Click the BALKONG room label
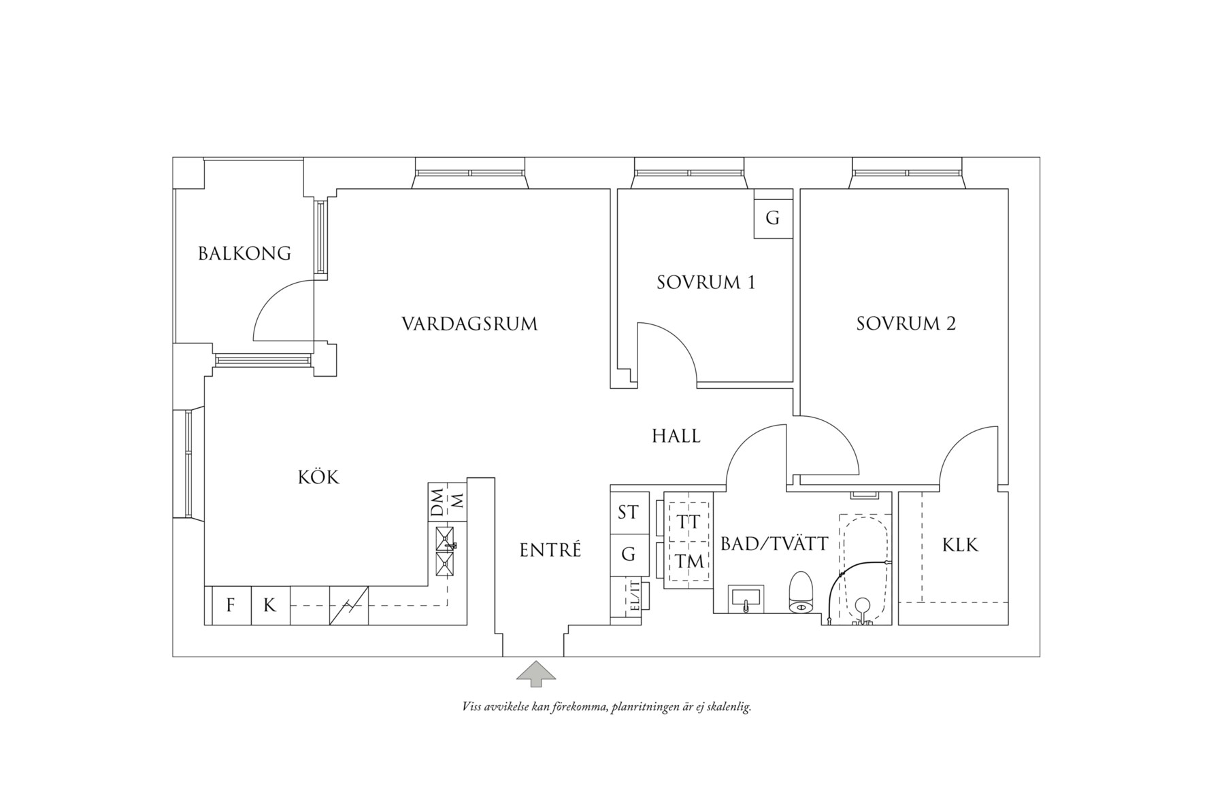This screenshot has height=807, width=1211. click(244, 254)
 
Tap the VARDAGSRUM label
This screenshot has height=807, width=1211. click(469, 324)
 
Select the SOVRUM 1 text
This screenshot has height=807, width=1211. click(706, 282)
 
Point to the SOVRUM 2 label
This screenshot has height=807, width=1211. click(906, 324)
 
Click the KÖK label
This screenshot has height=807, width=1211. click(318, 477)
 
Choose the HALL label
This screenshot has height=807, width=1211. click(676, 436)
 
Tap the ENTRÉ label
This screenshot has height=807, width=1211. click(550, 549)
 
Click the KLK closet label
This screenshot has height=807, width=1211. click(960, 545)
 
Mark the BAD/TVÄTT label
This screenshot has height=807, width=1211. click(774, 543)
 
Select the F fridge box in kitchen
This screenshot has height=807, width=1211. click(231, 605)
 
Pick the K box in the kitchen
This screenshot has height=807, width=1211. click(270, 605)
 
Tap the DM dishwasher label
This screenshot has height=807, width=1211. click(437, 502)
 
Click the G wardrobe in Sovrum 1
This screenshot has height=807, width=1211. click(772, 218)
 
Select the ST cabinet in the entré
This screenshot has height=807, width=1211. click(627, 512)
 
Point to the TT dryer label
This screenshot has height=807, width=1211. click(689, 522)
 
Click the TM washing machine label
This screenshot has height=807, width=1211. click(689, 562)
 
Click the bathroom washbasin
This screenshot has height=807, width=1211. click(746, 599)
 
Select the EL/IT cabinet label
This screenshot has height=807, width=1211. click(634, 596)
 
